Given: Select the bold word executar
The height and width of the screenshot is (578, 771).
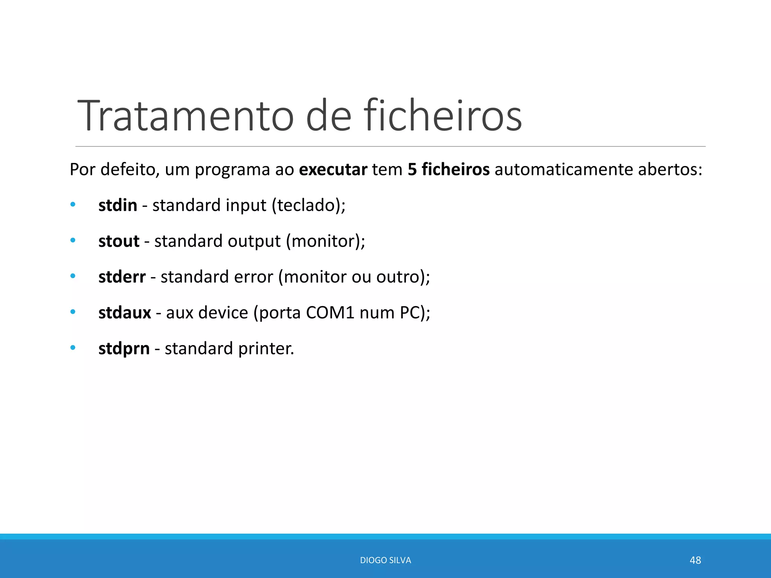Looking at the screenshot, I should coord(333,170).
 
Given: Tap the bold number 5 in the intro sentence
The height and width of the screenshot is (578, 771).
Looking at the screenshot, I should coord(412,170).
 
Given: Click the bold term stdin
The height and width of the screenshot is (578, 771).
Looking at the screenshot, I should coord(117,205).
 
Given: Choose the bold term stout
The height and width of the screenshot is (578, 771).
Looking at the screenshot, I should coord(119,241).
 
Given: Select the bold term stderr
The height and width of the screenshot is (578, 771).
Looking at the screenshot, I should coord(122,277).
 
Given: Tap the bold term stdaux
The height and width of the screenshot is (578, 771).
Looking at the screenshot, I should coord(125,313).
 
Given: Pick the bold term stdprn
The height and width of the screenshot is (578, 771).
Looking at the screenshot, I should coord(124,348).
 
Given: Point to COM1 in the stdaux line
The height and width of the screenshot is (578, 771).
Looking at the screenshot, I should coord(330,313).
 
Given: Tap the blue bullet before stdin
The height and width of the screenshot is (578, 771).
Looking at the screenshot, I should coord(73,205).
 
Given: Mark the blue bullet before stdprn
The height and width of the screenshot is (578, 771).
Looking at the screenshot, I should coord(73,348).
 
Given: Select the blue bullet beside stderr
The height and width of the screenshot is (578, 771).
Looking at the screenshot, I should coord(73,276).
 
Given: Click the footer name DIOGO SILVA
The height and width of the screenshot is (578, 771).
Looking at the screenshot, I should coord(385,560).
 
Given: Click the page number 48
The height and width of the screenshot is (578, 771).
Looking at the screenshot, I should coord(695,560).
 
